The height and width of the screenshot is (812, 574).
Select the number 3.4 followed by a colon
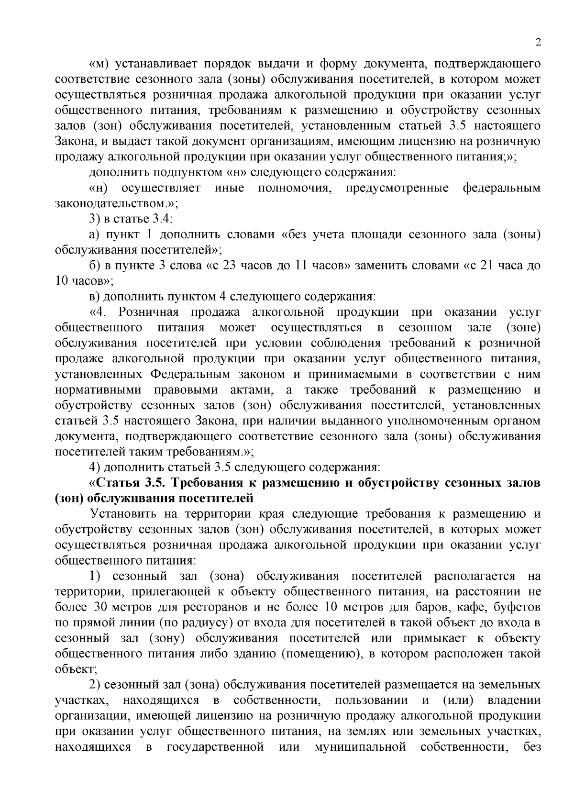point(162,219)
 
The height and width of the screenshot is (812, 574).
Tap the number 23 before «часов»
point(232,266)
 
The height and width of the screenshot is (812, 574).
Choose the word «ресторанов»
point(210,607)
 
